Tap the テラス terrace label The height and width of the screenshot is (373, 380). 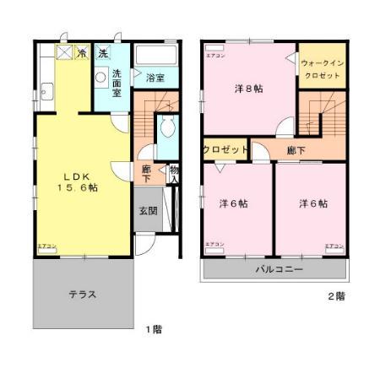click(x=82, y=295)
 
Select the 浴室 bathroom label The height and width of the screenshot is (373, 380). click(x=155, y=78)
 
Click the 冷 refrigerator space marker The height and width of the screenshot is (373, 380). click(x=82, y=53)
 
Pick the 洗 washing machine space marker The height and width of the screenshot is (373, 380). click(x=103, y=53)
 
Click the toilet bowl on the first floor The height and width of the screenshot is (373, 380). click(x=166, y=129)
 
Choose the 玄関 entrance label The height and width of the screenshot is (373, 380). click(x=148, y=211)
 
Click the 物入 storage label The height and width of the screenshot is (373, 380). click(x=174, y=174)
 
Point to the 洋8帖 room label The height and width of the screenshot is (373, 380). click(x=247, y=88)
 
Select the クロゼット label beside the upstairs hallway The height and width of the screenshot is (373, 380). click(x=225, y=149)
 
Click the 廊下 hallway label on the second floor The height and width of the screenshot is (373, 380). click(x=296, y=150)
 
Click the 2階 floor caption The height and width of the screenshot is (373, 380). click(x=336, y=296)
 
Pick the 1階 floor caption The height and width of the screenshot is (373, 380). click(x=152, y=329)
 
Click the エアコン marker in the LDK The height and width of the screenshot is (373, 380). click(x=46, y=246)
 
